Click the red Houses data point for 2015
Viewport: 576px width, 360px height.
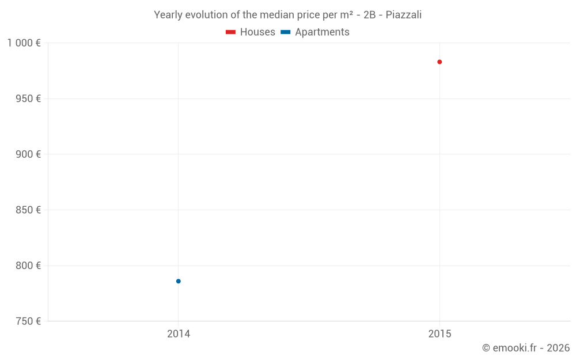pyautogui.click(x=439, y=62)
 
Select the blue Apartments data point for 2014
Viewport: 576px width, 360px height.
pyautogui.click(x=179, y=281)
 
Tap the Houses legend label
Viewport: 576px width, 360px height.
pyautogui.click(x=257, y=32)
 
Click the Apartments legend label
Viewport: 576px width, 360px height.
pyautogui.click(x=322, y=32)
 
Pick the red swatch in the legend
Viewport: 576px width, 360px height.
pyautogui.click(x=230, y=32)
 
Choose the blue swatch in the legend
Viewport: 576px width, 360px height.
pyautogui.click(x=285, y=32)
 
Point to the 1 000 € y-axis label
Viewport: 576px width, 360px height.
pyautogui.click(x=24, y=43)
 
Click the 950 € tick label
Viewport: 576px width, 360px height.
pyautogui.click(x=28, y=98)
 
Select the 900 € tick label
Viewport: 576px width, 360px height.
pyautogui.click(x=28, y=154)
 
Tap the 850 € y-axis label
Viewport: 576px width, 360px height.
pyautogui.click(x=28, y=210)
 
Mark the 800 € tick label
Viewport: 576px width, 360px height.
pyautogui.click(x=28, y=266)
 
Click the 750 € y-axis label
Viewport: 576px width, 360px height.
pyautogui.click(x=28, y=321)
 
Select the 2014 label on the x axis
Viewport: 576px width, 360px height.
pyautogui.click(x=179, y=334)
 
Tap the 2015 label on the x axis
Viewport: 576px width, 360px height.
pyautogui.click(x=439, y=334)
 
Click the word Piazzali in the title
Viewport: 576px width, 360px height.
pyautogui.click(x=403, y=15)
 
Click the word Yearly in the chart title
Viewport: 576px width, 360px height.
pyautogui.click(x=168, y=15)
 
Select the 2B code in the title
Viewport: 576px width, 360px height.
pyautogui.click(x=369, y=15)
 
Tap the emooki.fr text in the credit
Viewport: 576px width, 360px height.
pyautogui.click(x=514, y=348)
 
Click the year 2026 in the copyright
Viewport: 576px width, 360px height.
pyautogui.click(x=558, y=348)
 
